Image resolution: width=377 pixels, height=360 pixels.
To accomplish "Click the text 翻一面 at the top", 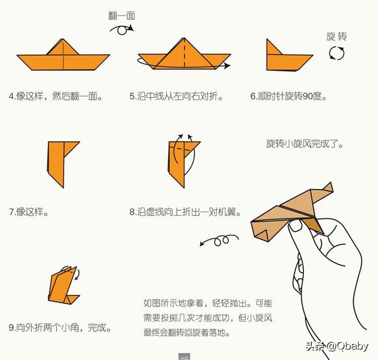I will click(122, 15).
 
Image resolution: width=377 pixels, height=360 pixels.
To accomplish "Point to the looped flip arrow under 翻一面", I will click(121, 29).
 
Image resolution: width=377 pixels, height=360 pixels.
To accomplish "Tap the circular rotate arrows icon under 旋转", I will click(337, 53).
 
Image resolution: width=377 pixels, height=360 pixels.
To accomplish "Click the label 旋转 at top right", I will click(337, 36).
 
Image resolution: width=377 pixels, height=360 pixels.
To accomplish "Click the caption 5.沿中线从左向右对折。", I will click(176, 96).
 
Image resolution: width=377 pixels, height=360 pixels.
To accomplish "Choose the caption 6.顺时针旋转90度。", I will click(289, 96).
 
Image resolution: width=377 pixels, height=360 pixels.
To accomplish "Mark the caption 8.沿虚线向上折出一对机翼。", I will click(186, 212).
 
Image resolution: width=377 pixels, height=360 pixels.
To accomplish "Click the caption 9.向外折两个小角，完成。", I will click(60, 328).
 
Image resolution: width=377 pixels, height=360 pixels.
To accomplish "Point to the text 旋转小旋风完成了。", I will click(304, 143).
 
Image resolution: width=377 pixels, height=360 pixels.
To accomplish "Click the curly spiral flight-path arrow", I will click(217, 241).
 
